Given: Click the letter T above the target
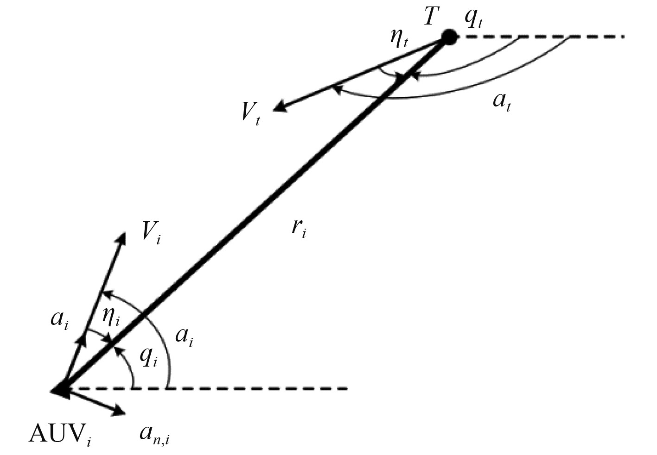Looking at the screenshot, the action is coord(431,17).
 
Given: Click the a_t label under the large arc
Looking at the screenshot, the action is coord(502,101).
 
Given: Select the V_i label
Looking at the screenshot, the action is coord(151,232).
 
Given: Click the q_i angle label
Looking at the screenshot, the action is coord(149,357).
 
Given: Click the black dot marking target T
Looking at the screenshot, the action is coord(449,37).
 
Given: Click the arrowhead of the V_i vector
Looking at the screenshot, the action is coord(122,237).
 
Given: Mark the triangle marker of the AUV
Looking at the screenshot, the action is coord(61,390).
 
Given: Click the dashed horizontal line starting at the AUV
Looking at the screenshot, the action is coord(232,388).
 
